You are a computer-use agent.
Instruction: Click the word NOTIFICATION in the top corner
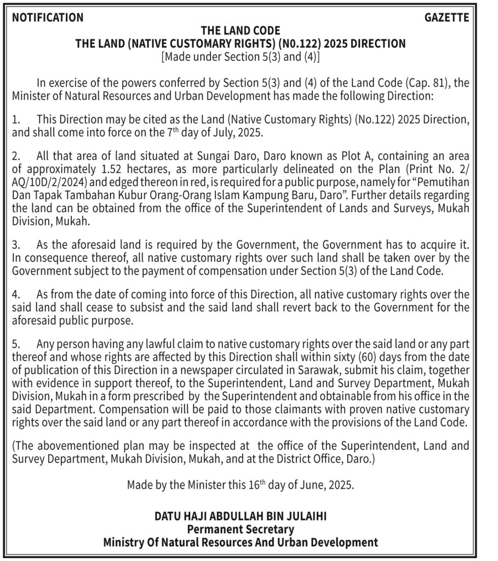click(x=48, y=18)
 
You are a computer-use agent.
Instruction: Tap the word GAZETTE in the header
click(x=447, y=18)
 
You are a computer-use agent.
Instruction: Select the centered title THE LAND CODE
click(x=241, y=31)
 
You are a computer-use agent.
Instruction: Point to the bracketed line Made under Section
click(x=241, y=56)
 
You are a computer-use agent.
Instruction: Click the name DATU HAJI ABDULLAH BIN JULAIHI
click(x=241, y=516)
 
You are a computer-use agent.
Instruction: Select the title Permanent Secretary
click(x=241, y=529)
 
